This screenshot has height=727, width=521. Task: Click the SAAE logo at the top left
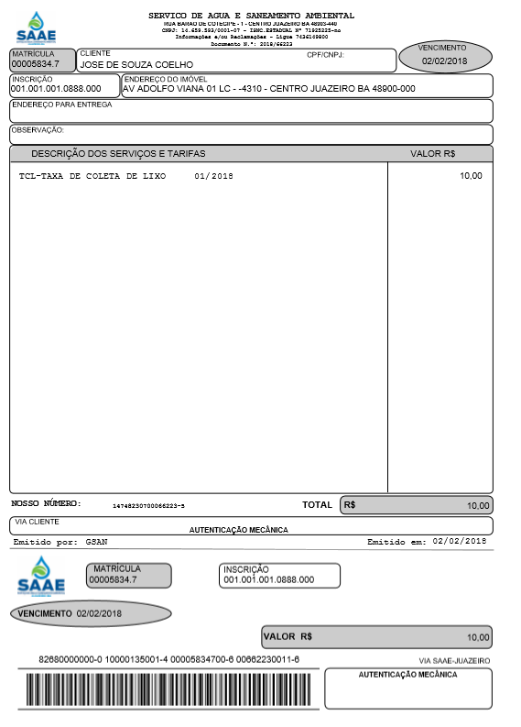point(36,28)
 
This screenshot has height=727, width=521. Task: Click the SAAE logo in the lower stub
point(41,575)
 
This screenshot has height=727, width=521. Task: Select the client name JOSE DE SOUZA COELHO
point(136,65)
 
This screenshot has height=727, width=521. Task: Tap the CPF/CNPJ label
point(325,55)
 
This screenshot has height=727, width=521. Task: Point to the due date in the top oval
point(445,61)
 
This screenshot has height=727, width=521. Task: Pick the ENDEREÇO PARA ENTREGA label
point(61,105)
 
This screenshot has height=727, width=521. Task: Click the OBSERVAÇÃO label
point(38,130)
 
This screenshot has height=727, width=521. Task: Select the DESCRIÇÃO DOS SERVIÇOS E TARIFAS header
point(118,154)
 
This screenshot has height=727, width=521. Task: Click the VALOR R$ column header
point(433,154)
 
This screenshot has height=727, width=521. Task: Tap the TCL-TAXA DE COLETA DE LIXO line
point(92,175)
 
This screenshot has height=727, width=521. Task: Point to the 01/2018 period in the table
point(213,175)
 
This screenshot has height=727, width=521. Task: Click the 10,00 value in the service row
point(471,175)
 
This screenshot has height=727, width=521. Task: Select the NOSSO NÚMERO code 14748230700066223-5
point(148,506)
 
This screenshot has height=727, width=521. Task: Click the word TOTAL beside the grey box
point(317,505)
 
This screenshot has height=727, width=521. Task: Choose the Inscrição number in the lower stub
point(268,579)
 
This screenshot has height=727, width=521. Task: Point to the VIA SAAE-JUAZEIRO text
point(454,660)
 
